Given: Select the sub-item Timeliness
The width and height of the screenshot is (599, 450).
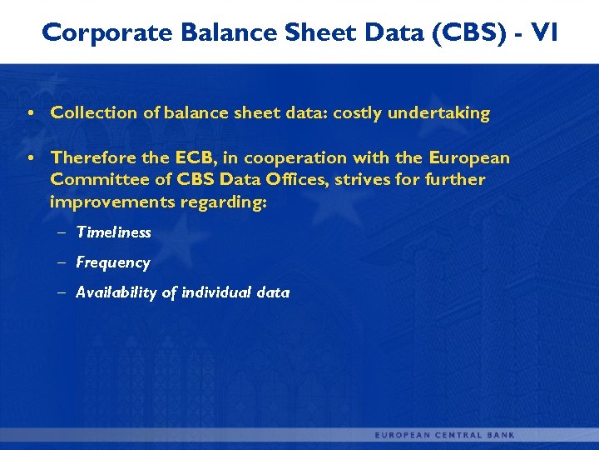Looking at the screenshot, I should coord(114,232).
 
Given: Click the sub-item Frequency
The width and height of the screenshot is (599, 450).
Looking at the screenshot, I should coord(113,262).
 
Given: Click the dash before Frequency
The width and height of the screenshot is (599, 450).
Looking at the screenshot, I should coord(63,262).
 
